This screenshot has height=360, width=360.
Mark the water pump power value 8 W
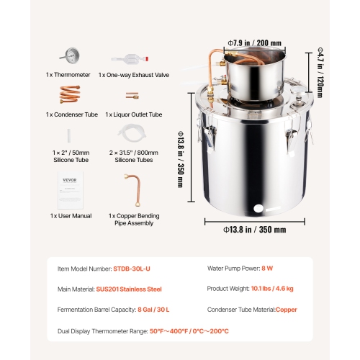(x=267, y=268)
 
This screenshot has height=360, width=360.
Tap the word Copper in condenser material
(x=286, y=310)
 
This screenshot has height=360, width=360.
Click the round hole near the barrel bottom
(x=257, y=210)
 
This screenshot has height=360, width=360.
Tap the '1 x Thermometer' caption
(x=68, y=74)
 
